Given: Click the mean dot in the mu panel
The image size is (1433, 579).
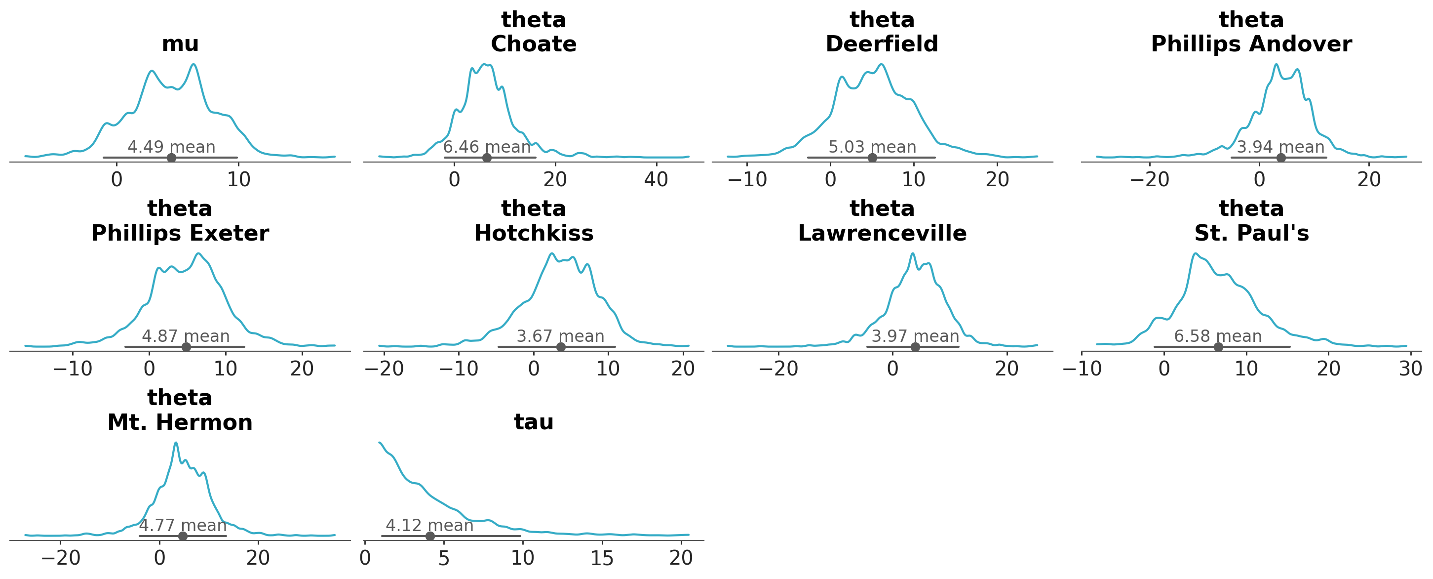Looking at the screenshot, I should [171, 158].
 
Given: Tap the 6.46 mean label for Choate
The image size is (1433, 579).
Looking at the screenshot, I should [487, 147].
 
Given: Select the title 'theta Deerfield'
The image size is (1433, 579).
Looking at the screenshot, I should [882, 32].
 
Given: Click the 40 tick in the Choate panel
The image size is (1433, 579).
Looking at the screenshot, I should [656, 179].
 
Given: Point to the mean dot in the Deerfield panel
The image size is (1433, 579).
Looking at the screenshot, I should [872, 158].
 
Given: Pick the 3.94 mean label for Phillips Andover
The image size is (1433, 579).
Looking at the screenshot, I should [1280, 147].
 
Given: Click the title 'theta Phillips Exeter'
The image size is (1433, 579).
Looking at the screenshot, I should [180, 221].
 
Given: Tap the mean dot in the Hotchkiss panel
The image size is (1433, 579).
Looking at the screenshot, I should [561, 347].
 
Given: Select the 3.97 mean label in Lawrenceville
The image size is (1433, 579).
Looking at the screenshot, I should [915, 336].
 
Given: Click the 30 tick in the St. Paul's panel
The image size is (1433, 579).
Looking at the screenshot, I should [1410, 369].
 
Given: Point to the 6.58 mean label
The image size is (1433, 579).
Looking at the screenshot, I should [1218, 336].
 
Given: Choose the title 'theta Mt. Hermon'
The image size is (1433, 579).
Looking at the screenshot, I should [180, 411].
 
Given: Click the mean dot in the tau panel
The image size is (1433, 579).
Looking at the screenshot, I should [430, 536].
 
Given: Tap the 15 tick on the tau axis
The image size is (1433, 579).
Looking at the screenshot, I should [602, 558].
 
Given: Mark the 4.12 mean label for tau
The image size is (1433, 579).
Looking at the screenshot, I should [429, 526].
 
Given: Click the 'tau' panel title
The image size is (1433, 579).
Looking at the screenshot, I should [534, 422].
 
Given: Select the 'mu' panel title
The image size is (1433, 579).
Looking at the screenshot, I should [180, 43].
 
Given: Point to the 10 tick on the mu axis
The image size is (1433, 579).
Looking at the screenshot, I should [238, 179].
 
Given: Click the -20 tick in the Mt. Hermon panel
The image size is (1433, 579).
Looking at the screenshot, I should [61, 558].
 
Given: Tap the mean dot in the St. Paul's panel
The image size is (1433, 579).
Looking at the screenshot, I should [1218, 347].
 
